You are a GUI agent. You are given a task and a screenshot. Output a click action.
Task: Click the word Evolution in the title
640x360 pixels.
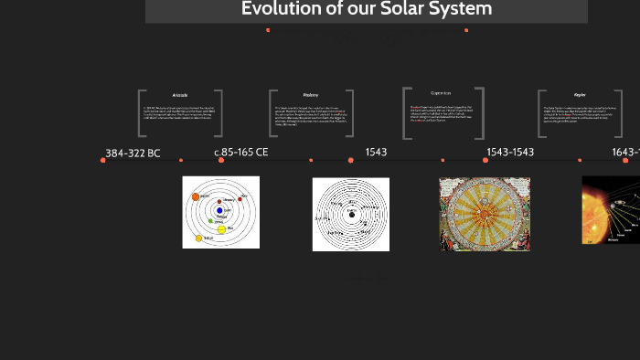(279, 9)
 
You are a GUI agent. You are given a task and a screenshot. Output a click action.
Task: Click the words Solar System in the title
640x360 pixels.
(444, 9)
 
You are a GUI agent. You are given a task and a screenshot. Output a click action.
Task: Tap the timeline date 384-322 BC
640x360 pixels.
(133, 153)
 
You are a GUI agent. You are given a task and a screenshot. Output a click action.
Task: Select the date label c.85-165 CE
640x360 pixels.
(241, 152)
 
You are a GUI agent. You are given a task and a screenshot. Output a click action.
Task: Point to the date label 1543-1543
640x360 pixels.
(510, 152)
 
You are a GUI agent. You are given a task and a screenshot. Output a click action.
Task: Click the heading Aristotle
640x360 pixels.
(180, 95)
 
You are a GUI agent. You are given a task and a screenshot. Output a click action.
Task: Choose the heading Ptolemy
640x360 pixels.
(311, 95)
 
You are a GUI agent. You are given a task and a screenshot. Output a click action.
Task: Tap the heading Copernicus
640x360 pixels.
(442, 92)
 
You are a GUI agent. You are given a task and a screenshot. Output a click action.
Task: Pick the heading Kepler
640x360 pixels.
(580, 95)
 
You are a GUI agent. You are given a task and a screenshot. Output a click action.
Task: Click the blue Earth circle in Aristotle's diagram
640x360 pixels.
(219, 211)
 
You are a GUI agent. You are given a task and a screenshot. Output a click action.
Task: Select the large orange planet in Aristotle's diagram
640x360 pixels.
(196, 197)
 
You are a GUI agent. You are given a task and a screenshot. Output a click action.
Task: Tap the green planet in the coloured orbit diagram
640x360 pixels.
(211, 220)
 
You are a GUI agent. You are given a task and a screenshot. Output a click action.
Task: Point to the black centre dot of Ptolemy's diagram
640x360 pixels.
(350, 214)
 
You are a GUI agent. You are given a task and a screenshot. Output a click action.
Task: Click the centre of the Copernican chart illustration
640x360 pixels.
(485, 214)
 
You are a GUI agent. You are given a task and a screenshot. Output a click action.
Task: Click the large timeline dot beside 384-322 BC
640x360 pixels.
(103, 160)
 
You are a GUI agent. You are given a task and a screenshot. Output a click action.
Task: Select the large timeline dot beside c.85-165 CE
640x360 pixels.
(221, 160)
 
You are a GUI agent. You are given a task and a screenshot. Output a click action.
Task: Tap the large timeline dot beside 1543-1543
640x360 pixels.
(485, 160)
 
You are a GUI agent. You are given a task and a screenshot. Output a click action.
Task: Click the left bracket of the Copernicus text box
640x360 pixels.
(406, 113)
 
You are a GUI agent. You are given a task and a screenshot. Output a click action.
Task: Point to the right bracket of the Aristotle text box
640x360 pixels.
(219, 113)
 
